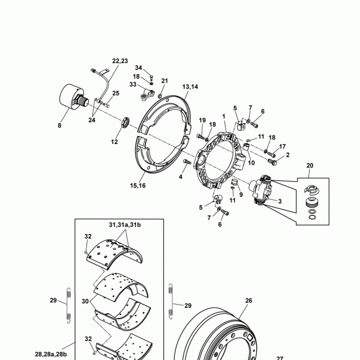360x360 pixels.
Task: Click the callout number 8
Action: (59, 125)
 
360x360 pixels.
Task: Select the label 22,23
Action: (120, 61)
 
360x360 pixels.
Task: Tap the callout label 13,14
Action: (190, 87)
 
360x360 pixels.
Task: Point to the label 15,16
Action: (138, 185)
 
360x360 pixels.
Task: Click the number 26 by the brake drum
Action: (248, 301)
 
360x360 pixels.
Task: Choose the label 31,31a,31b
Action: (125, 225)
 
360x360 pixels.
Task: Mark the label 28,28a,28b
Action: (51, 354)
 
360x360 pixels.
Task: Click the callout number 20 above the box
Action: (310, 166)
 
